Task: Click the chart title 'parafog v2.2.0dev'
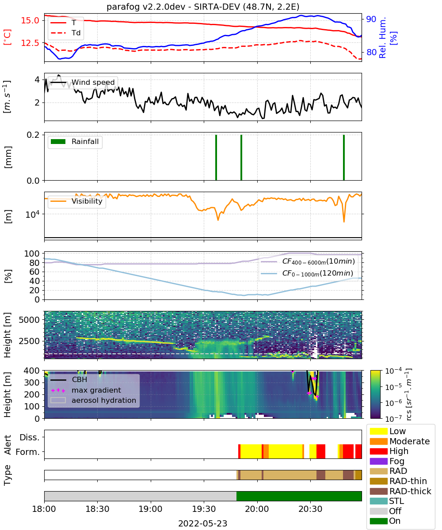146,7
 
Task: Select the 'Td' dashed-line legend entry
65,33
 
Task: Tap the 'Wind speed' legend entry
83,82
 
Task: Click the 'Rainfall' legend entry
75,141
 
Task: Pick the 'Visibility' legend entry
76,201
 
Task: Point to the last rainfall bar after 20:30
344,157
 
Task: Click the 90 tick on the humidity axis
371,19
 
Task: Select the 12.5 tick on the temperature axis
30,43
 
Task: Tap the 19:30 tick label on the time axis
204,509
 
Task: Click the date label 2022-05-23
203,523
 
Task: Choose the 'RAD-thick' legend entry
400,491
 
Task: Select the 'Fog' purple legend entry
386,461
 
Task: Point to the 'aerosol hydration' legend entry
93,400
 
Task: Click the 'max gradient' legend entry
86,390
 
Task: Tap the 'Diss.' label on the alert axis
30,437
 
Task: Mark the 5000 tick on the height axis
29,320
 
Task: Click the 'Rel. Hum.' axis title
382,38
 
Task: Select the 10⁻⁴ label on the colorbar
393,371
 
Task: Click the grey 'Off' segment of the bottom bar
140,496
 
